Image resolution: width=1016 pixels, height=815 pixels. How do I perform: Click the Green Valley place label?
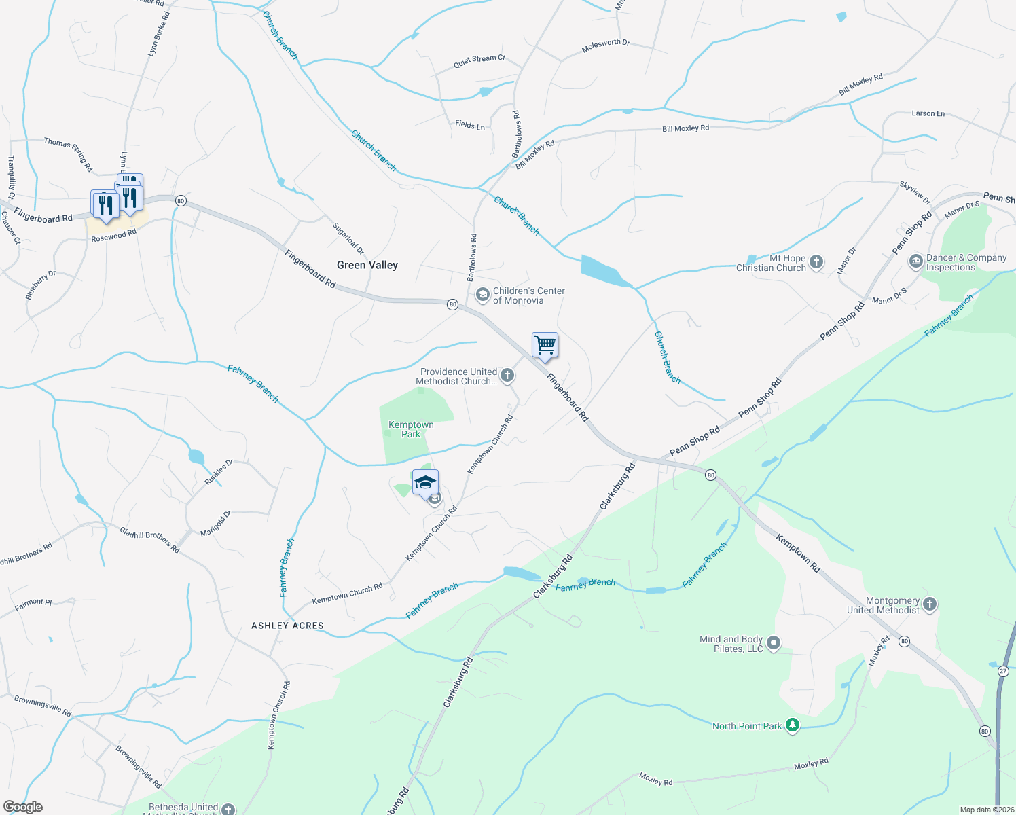pyautogui.click(x=367, y=265)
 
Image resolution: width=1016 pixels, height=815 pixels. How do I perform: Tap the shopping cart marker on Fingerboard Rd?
pyautogui.click(x=545, y=345)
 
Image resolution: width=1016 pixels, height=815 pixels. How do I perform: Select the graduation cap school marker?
pyautogui.click(x=425, y=483)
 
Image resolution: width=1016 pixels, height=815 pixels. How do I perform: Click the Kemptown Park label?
pyautogui.click(x=411, y=429)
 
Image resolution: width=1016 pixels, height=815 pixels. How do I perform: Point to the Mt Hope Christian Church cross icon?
pyautogui.click(x=816, y=261)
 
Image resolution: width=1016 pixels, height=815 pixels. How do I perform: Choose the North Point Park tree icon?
pyautogui.click(x=792, y=725)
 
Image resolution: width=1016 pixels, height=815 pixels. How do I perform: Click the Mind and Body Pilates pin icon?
pyautogui.click(x=774, y=643)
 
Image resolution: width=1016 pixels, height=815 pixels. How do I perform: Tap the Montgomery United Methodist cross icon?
pyautogui.click(x=930, y=604)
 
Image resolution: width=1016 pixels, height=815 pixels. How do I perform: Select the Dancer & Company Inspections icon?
pyautogui.click(x=915, y=261)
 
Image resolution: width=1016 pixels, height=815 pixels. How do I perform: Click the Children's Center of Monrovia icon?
pyautogui.click(x=482, y=295)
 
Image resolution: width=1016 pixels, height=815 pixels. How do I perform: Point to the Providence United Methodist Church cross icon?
pyautogui.click(x=507, y=375)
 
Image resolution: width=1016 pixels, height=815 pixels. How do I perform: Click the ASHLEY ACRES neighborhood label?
pyautogui.click(x=287, y=626)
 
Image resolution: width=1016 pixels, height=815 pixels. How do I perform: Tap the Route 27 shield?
pyautogui.click(x=1003, y=671)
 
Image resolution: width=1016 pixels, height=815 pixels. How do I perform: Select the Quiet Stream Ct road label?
pyautogui.click(x=479, y=61)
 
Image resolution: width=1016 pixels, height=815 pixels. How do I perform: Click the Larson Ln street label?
pyautogui.click(x=928, y=113)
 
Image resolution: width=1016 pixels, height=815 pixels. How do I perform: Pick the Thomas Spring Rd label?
pyautogui.click(x=68, y=153)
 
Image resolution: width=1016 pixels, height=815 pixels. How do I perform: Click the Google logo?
pyautogui.click(x=22, y=807)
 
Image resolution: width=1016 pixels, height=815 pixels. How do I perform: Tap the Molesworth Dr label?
pyautogui.click(x=606, y=46)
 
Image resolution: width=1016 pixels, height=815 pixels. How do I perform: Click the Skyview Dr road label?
pyautogui.click(x=915, y=193)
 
